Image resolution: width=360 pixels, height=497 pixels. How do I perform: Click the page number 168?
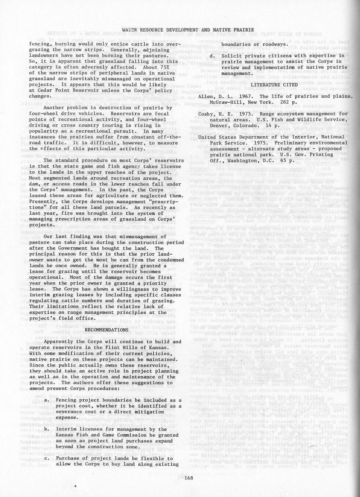(189, 478)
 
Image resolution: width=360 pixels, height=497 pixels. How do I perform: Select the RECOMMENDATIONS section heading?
(106, 330)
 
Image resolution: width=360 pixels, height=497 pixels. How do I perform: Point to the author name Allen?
(206, 96)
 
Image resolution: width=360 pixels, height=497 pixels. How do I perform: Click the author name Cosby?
(207, 114)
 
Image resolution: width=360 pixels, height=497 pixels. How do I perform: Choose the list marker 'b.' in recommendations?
(47, 429)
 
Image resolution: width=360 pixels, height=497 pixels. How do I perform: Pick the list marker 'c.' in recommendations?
(47, 458)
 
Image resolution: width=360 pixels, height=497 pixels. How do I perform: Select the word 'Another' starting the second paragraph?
(54, 108)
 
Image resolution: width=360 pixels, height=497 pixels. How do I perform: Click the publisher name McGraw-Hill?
(226, 102)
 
